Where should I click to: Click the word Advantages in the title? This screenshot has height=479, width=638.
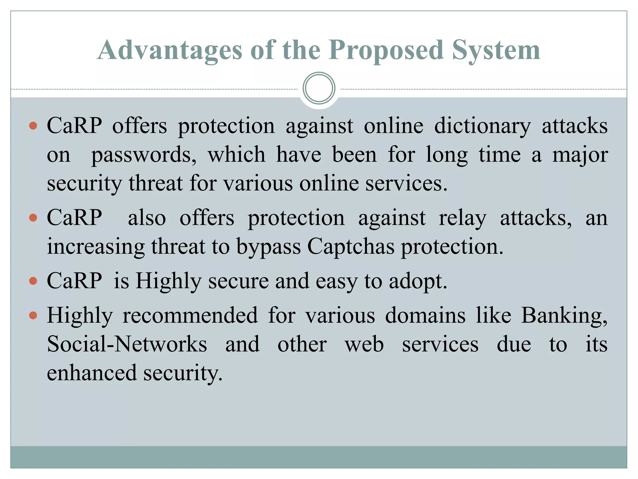point(169,51)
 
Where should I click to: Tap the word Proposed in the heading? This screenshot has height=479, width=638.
point(386,51)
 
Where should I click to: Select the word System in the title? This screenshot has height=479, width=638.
point(496,51)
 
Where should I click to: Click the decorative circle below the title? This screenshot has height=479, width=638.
point(319,88)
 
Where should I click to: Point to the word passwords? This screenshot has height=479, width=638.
point(144,155)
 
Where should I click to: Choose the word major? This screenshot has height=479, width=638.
point(580,155)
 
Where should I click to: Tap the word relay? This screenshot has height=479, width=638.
point(462,218)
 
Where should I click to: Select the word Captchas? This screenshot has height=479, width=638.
point(351,247)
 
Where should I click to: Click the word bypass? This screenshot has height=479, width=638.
point(269,247)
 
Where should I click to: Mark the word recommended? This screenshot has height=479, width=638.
point(190,316)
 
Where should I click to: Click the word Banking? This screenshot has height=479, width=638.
point(564,316)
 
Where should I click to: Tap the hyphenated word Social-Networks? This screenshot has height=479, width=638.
point(127,344)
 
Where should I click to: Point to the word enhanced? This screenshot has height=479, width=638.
point(92,373)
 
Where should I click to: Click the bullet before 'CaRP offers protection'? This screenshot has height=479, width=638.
point(33,126)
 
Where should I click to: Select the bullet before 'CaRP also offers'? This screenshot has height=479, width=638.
point(33,218)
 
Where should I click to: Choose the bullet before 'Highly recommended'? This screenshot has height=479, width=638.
point(33,316)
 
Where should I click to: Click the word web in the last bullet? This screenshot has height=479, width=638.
point(364,344)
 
